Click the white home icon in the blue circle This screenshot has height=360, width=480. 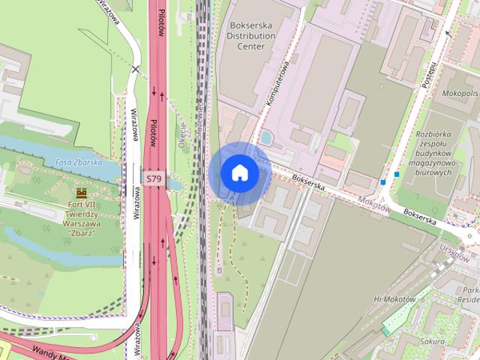tap(239, 172)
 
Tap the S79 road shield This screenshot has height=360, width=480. tap(154, 178)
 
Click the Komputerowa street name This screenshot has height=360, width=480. tap(276, 87)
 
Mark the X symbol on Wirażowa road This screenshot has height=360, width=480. tap(136, 69)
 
